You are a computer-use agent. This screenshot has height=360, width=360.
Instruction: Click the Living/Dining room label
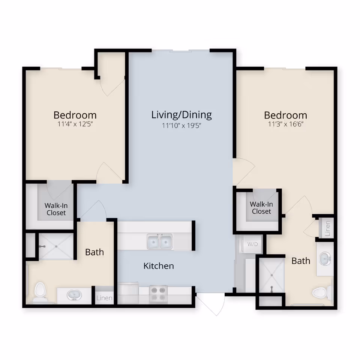[181, 115]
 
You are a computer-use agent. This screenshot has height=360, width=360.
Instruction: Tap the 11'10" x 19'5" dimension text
[181, 126]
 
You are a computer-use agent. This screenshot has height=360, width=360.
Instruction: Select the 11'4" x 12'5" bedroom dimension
[75, 124]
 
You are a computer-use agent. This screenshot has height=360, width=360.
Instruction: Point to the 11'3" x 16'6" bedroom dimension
[286, 124]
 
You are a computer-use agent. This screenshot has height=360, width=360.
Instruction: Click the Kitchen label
[159, 266]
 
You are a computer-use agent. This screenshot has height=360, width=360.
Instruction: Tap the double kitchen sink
[160, 242]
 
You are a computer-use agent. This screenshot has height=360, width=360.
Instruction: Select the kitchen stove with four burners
[158, 294]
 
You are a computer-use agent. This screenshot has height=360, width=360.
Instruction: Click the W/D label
[252, 244]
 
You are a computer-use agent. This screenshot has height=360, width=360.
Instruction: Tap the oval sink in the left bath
[74, 295]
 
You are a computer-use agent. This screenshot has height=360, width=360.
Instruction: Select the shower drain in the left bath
[56, 246]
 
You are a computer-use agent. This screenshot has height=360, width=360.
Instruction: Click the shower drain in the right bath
[271, 275]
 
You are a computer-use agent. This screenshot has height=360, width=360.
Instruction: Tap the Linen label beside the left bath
[104, 298]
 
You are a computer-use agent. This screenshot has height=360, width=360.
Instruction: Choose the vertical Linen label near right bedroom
[327, 228]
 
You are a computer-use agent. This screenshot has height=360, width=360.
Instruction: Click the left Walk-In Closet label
[56, 209]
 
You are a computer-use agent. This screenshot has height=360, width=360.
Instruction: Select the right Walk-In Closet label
[261, 207]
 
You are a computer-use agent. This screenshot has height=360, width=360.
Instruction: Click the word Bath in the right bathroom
[301, 261]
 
